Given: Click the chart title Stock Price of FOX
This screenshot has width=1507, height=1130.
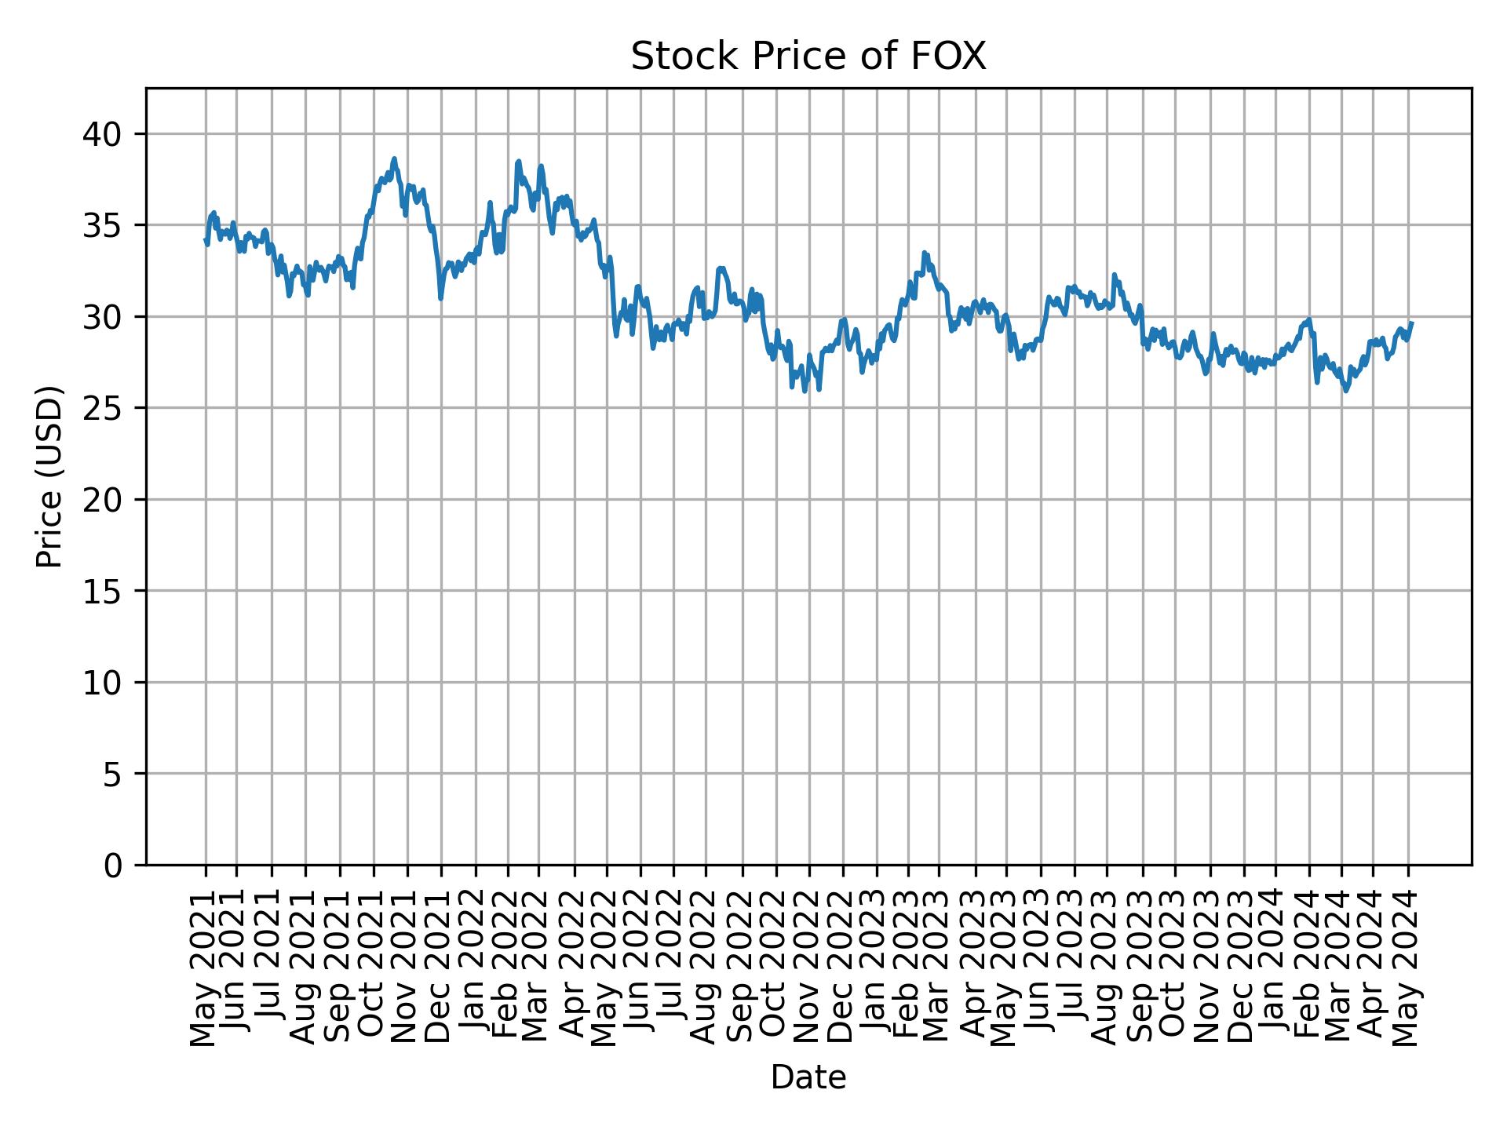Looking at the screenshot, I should (x=808, y=56).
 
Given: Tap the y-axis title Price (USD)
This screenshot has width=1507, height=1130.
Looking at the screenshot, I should (x=49, y=476).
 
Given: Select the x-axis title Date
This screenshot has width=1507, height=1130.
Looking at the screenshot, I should (x=808, y=1077).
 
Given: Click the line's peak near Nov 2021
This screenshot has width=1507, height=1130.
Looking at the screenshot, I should (x=395, y=159).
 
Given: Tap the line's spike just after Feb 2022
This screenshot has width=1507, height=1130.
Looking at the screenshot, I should (x=518, y=161).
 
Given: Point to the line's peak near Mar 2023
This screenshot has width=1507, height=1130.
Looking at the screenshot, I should (x=925, y=253).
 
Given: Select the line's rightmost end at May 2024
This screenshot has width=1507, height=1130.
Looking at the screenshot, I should (x=1412, y=323).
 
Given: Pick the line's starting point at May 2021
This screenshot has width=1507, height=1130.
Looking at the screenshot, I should (x=205, y=239).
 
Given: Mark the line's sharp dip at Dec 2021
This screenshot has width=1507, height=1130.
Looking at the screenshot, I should (x=440, y=298).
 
